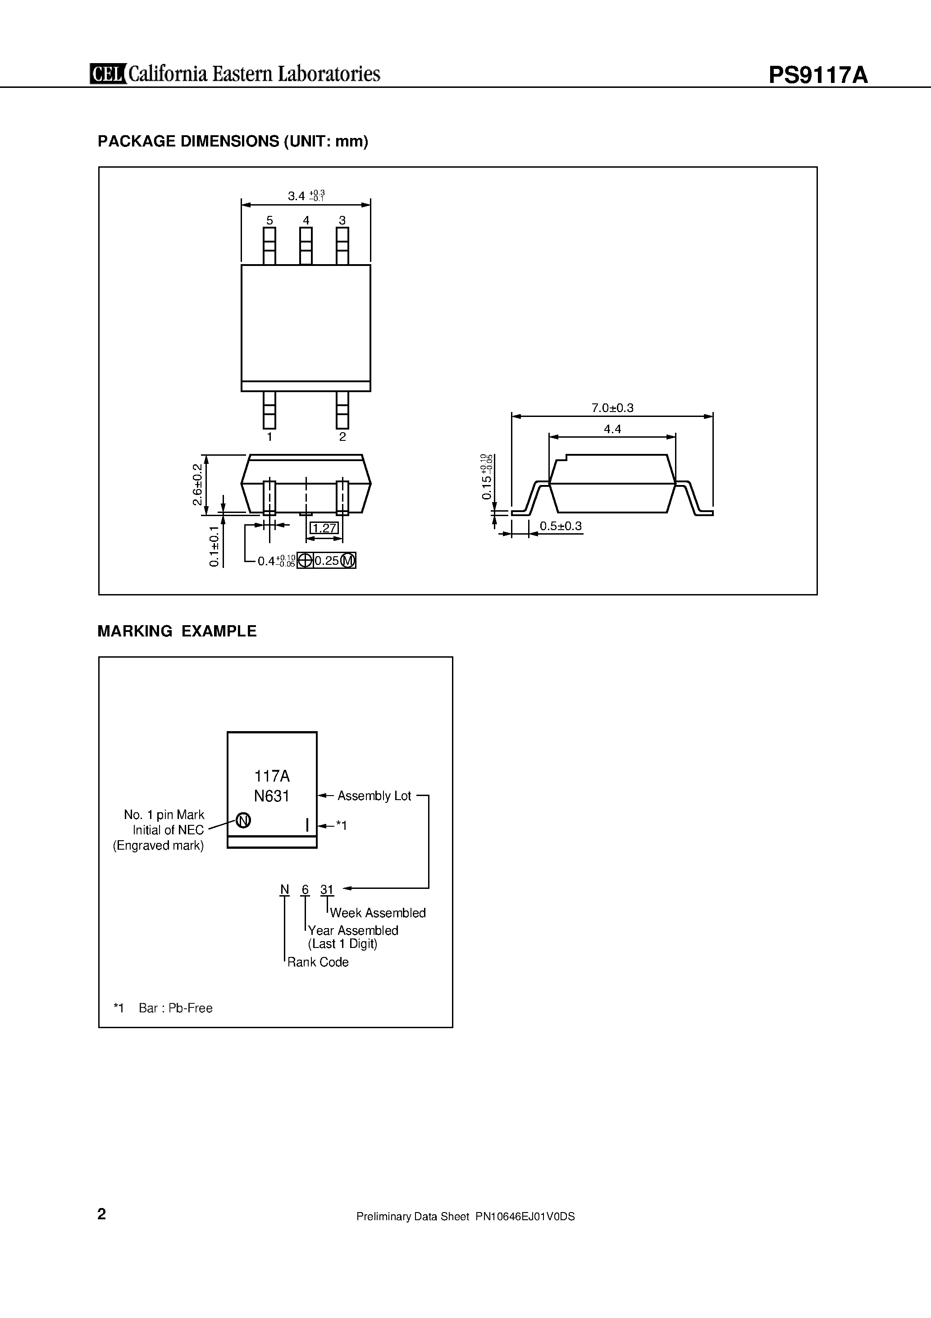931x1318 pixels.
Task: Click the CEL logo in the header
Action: tap(108, 74)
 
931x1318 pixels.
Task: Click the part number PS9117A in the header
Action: tap(818, 75)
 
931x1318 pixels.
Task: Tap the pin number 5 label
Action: tap(269, 220)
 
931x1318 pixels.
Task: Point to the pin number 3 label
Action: tap(342, 220)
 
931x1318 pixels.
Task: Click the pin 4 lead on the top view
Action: tap(306, 246)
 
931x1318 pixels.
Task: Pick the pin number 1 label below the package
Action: tap(269, 437)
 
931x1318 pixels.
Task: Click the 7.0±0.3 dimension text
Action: tap(612, 408)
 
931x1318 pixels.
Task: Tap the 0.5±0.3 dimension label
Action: tap(561, 526)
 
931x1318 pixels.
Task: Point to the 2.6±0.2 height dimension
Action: tap(197, 485)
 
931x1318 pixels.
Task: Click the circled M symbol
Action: tap(348, 561)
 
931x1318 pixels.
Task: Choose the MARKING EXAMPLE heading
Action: tap(177, 632)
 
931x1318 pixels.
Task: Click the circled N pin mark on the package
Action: tap(243, 821)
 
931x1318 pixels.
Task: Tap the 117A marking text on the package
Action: tap(272, 776)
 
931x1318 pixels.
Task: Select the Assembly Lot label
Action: tap(374, 796)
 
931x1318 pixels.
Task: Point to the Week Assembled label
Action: tap(378, 913)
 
